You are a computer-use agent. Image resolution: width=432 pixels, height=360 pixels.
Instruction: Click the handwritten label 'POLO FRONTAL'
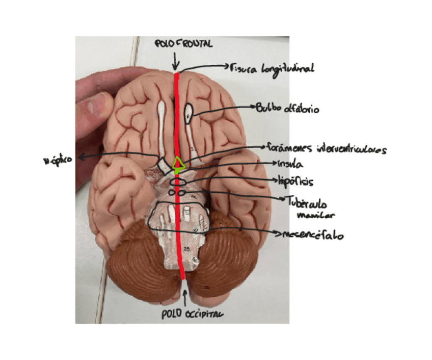tap(184, 45)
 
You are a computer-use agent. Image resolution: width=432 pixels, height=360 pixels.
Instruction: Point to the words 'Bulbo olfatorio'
tap(288, 108)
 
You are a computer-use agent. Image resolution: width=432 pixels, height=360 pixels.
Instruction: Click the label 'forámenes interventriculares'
tap(327, 149)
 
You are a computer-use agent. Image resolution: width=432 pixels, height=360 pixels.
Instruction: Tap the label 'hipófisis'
tap(296, 181)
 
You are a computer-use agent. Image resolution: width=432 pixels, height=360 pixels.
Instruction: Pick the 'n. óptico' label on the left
tap(57, 159)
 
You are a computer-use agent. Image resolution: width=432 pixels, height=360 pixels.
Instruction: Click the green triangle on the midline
tap(178, 163)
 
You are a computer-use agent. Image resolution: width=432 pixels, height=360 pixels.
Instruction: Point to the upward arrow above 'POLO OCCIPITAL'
tap(185, 295)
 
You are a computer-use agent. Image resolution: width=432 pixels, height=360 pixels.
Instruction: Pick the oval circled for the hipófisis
tap(176, 182)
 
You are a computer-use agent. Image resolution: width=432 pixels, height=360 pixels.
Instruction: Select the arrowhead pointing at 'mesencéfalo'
tap(277, 235)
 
